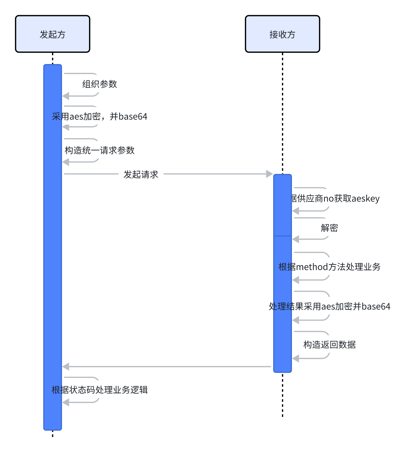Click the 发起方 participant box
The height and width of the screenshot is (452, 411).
click(53, 34)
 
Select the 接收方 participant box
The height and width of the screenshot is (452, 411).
click(282, 34)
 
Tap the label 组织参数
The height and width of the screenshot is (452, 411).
click(100, 84)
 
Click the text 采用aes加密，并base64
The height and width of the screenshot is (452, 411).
click(100, 116)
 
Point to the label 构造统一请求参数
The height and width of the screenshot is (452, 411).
click(100, 150)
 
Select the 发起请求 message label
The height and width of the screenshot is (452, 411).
click(141, 174)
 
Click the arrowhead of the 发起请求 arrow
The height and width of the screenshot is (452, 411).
click(269, 174)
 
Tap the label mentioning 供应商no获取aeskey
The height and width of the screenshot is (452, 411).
click(335, 198)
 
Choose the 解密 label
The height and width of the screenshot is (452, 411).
click(329, 228)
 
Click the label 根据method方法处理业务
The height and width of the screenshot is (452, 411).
click(329, 267)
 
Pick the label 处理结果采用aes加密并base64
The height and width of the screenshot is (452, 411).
click(329, 306)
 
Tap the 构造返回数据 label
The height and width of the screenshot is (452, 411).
click(329, 345)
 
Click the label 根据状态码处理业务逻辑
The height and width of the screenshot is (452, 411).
click(100, 390)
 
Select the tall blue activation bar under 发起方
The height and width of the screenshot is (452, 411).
click(53, 251)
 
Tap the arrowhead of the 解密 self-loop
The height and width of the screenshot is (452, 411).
click(296, 239)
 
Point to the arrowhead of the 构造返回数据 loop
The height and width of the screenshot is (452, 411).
click(296, 358)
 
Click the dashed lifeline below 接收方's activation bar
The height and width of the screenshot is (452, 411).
click(282, 395)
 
